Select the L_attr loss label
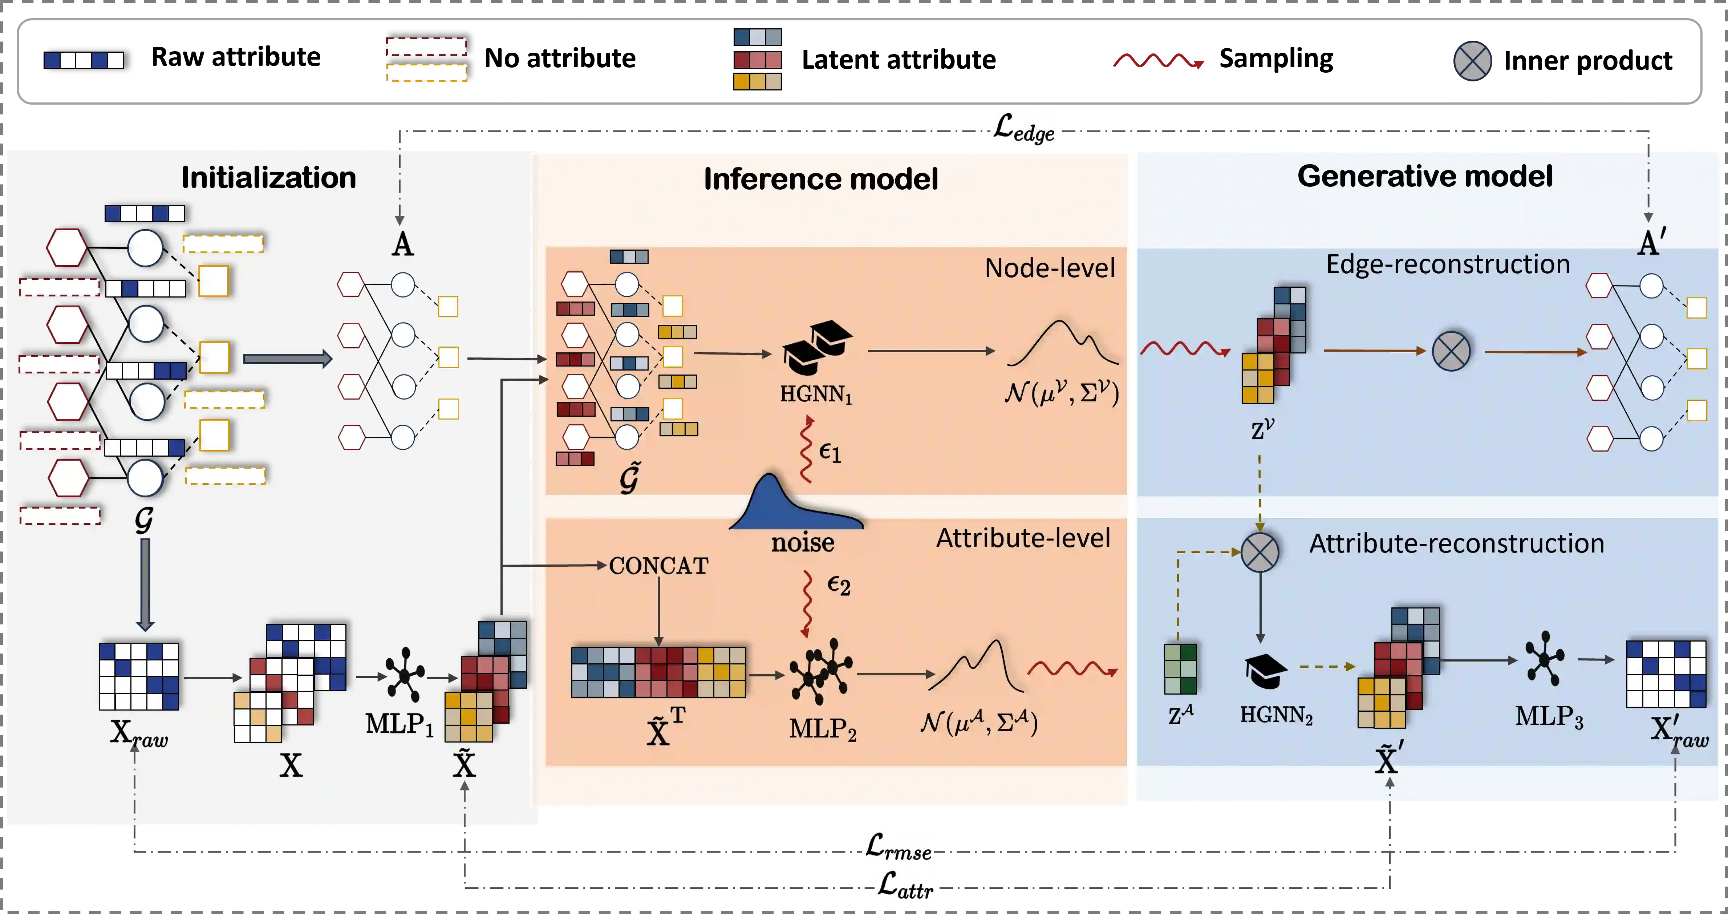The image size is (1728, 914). pos(906,885)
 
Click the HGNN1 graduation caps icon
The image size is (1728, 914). pos(816,347)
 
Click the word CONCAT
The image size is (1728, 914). pos(658,566)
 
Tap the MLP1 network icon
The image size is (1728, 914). pos(404,675)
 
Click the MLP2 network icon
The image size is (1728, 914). pos(820,671)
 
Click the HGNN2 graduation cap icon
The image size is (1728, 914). pos(1265,671)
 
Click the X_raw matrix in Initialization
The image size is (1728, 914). pos(139,676)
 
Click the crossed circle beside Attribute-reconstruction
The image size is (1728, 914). pos(1260,552)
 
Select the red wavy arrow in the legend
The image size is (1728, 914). pos(1159,62)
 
